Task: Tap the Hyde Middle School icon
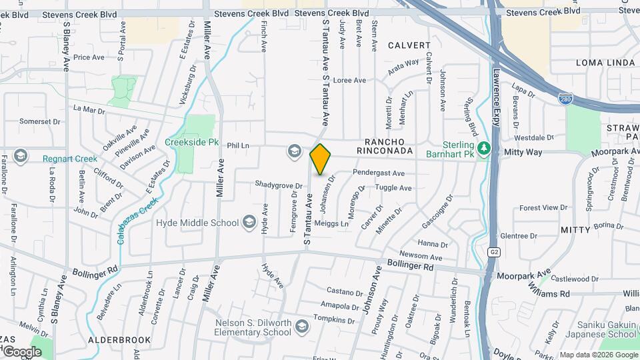249,222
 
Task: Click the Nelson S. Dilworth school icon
302,326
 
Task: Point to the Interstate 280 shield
564,97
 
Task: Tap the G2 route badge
494,252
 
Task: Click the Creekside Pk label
192,142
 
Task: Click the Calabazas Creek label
138,220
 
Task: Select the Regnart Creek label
70,159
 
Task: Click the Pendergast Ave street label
379,173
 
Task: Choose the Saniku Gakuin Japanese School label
604,329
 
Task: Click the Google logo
22,351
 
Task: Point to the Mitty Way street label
523,153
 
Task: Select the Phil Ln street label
237,145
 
